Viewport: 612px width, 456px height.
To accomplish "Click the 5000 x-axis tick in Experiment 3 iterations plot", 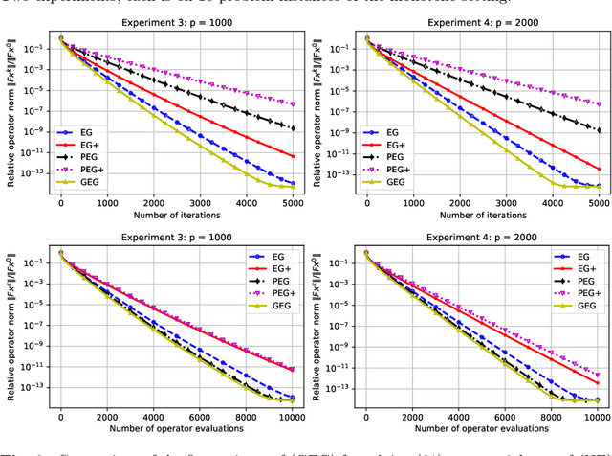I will tap(293, 203).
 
